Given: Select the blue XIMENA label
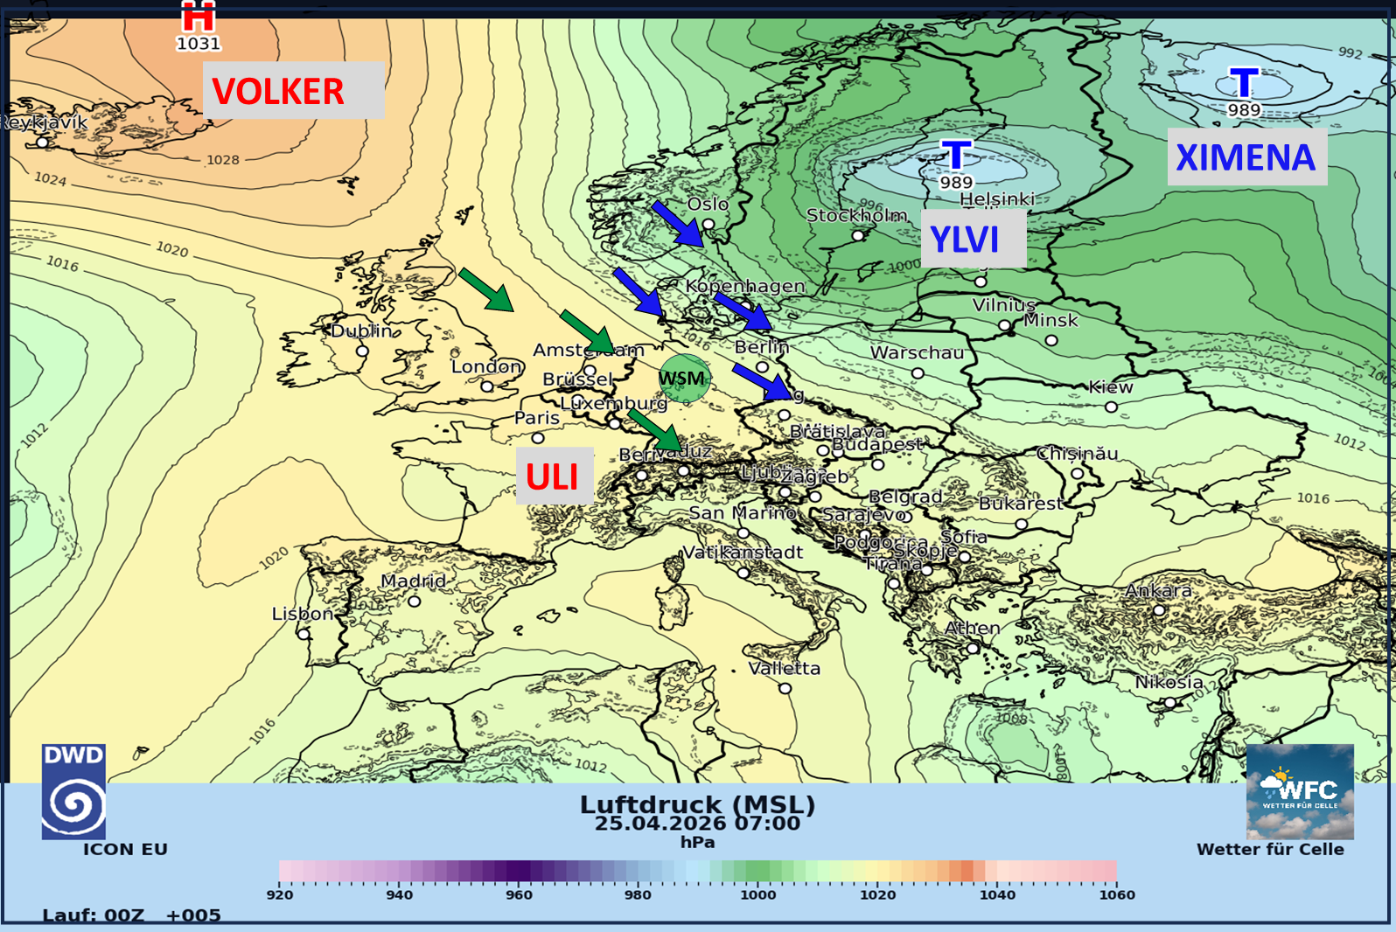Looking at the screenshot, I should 1246,157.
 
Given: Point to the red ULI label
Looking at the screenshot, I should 554,476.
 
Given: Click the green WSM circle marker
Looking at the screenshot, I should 683,379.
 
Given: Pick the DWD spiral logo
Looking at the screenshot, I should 73,791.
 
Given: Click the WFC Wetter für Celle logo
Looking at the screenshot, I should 1299,791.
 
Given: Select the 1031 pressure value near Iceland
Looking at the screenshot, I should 199,44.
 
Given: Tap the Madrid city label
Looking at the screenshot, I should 413,581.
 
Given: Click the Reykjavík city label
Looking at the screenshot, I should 44,122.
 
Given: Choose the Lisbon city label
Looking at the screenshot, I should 302,614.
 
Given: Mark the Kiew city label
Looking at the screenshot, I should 1110,387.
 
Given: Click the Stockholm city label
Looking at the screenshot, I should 856,215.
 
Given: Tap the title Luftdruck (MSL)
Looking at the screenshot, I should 697,804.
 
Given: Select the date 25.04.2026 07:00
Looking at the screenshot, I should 697,824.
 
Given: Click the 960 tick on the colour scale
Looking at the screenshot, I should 519,894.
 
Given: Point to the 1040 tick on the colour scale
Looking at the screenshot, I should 997,894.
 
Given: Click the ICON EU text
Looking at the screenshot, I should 125,849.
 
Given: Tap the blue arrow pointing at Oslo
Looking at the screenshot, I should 677,223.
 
